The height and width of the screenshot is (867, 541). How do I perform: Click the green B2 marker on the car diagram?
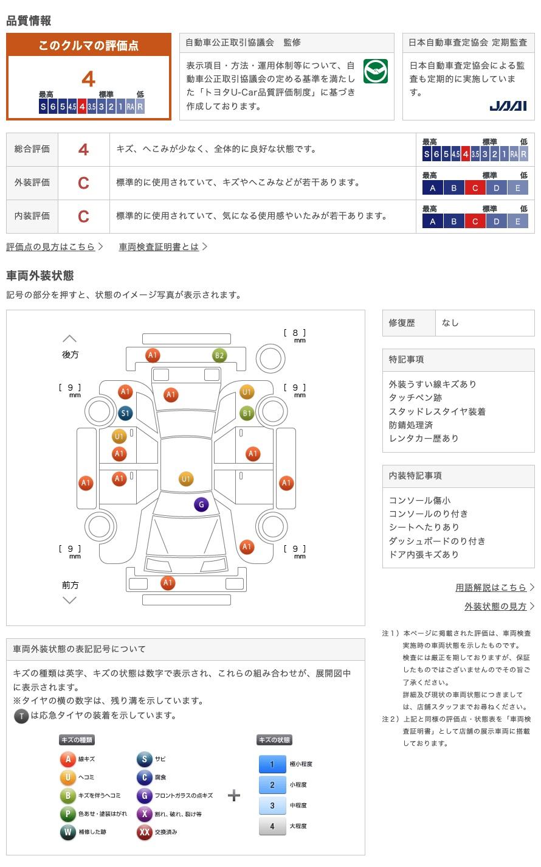(219, 355)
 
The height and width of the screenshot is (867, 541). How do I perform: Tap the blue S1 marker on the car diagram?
(125, 414)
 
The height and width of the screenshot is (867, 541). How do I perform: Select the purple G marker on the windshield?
(201, 504)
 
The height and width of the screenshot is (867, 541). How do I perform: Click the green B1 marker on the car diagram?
(247, 414)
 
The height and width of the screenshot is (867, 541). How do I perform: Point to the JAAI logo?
(508, 106)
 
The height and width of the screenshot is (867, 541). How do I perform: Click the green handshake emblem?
(375, 72)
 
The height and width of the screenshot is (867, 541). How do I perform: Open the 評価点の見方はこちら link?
(51, 246)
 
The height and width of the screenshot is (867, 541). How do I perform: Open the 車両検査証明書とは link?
(159, 246)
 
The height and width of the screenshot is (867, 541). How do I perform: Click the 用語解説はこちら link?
(491, 587)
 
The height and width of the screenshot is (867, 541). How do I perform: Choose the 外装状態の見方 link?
(495, 606)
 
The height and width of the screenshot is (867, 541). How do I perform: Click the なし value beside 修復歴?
(450, 323)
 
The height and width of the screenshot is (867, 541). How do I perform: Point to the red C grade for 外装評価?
(84, 183)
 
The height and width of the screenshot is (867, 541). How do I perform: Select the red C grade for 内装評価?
(84, 216)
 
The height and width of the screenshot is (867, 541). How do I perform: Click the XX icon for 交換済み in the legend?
(144, 832)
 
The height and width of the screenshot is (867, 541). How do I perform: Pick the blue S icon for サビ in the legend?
(144, 759)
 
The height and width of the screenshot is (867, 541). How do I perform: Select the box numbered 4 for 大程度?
(272, 826)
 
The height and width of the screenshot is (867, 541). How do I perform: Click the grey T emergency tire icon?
(21, 716)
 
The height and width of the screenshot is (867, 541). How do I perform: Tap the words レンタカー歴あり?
(424, 438)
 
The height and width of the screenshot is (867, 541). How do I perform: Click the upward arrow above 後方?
(70, 339)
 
